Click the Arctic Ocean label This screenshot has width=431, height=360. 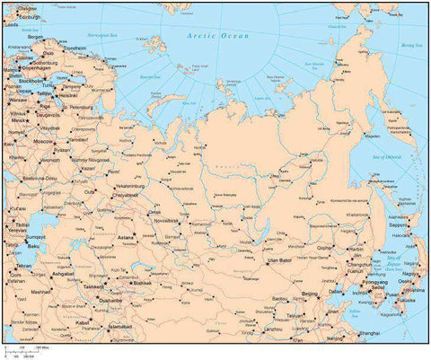(218, 35)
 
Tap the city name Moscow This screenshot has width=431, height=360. (43, 142)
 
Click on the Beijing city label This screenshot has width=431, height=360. (310, 294)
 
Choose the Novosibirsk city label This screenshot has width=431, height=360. (172, 220)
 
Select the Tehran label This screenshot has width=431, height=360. (23, 266)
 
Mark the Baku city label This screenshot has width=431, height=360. (36, 245)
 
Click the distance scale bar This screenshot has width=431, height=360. (27, 349)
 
